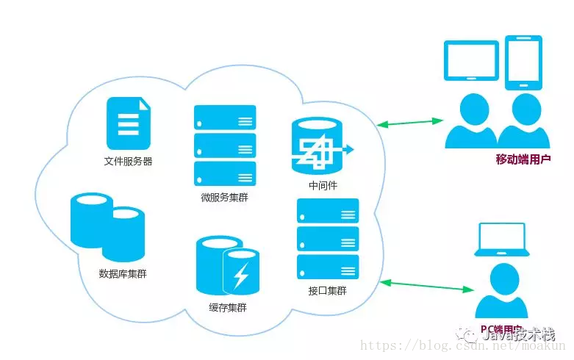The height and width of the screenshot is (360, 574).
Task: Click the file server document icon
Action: [128, 124]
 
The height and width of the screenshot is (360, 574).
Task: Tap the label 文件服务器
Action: [128, 162]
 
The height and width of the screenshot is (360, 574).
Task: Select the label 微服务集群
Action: [224, 198]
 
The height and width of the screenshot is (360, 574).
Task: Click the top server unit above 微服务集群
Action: [225, 118]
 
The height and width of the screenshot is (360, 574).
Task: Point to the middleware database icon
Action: [318, 145]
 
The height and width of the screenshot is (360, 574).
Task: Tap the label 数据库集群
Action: [122, 274]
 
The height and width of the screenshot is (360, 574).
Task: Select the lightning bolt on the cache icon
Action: [241, 276]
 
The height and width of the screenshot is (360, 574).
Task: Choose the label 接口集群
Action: [328, 291]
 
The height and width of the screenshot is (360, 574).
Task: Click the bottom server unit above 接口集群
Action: [328, 266]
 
